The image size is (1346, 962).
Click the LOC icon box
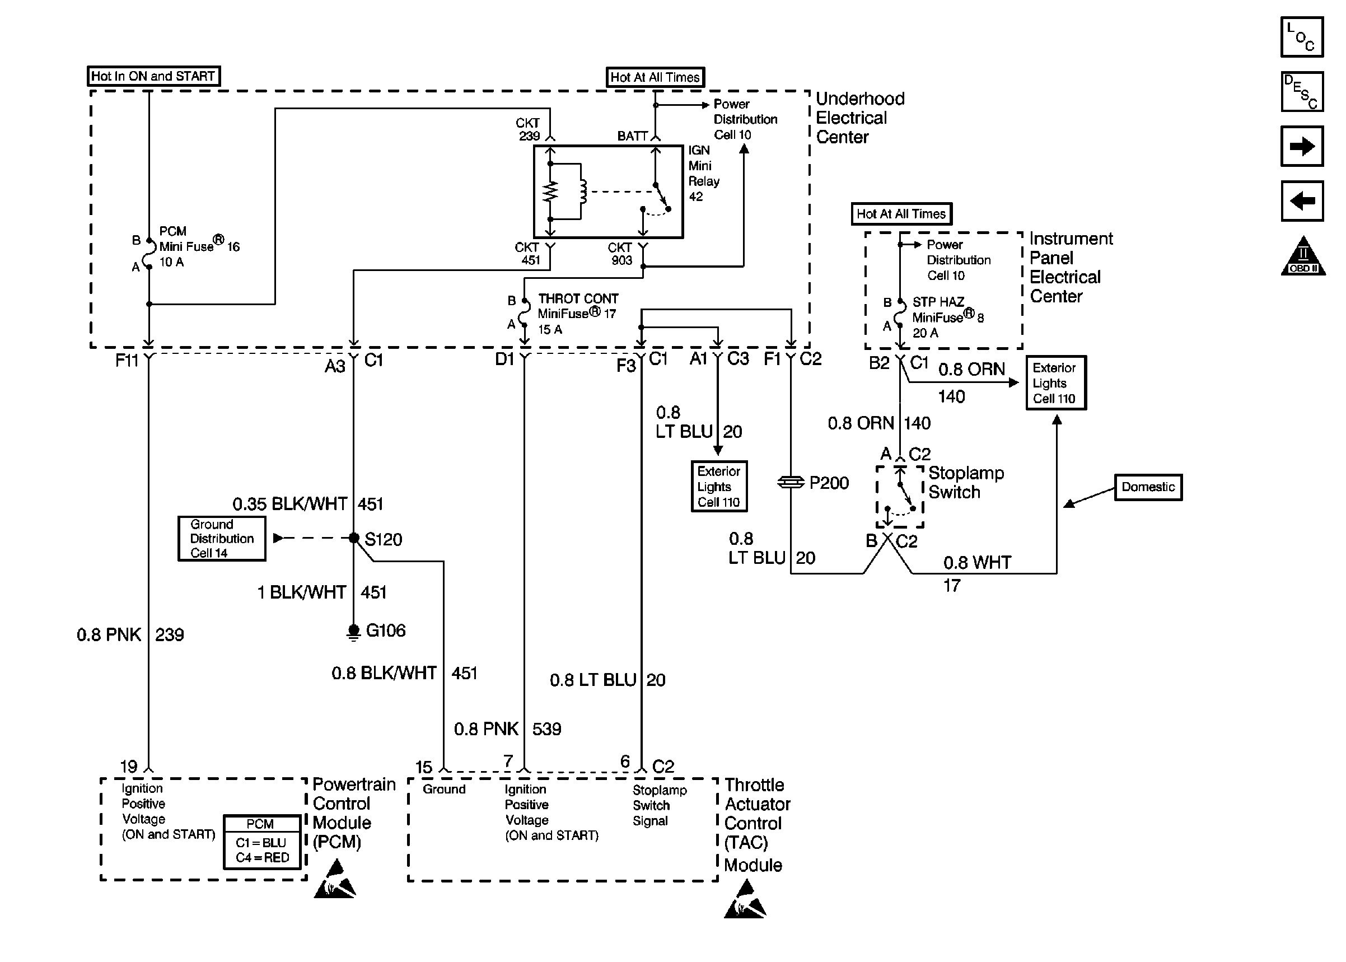tap(1301, 37)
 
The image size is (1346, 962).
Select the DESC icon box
tap(1301, 92)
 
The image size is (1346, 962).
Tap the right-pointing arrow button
tap(1301, 146)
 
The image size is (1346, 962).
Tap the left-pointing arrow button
tap(1301, 201)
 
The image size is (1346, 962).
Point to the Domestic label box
tap(1148, 487)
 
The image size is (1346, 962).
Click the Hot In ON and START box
tap(153, 76)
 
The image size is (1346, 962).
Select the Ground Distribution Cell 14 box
tap(222, 539)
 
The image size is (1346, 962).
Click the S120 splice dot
tap(353, 538)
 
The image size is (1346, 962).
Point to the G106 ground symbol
tap(353, 632)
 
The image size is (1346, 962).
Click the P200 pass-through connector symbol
tap(791, 483)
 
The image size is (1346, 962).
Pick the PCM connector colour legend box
tap(261, 842)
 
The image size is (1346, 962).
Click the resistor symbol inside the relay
tap(550, 192)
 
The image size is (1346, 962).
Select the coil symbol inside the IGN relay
tap(583, 192)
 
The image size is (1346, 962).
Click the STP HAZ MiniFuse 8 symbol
tap(900, 315)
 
